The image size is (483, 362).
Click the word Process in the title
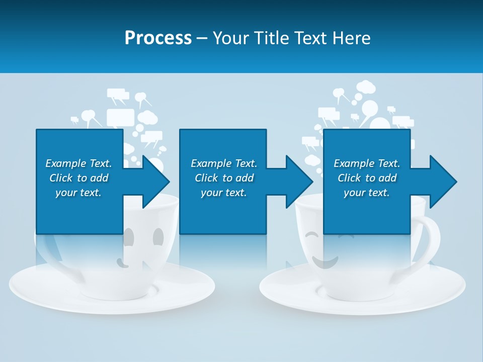158,38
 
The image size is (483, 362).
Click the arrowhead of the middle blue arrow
299,182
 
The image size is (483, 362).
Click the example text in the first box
78,178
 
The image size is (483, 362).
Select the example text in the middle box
223,178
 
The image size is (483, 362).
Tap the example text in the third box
366,178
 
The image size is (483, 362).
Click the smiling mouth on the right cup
324,262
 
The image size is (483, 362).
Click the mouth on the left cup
121,261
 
